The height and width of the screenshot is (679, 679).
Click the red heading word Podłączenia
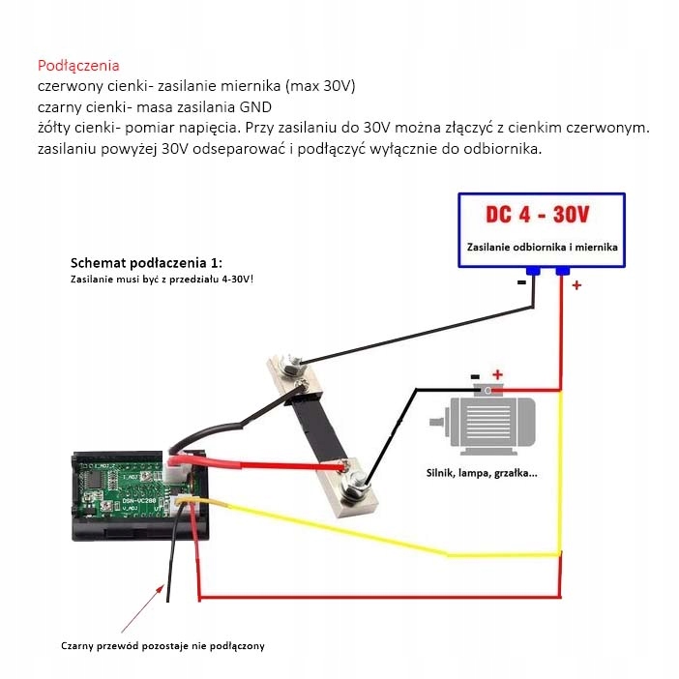tap(78, 66)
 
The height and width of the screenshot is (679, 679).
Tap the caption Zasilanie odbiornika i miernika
tap(542, 248)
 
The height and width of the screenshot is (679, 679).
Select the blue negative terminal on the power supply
tap(532, 272)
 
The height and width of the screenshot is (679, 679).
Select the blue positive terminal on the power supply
tap(563, 272)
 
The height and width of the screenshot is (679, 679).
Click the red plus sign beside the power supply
tap(576, 285)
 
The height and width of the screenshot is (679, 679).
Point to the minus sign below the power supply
tap(521, 282)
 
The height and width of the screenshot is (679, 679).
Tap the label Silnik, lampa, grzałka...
tap(482, 473)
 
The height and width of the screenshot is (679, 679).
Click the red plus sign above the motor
tap(497, 374)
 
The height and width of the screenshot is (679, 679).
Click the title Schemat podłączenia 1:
tap(146, 263)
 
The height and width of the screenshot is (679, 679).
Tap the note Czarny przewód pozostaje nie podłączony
tap(162, 645)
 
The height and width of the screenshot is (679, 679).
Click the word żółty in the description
tap(53, 128)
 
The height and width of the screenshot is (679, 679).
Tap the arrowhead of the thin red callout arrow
tap(162, 582)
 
